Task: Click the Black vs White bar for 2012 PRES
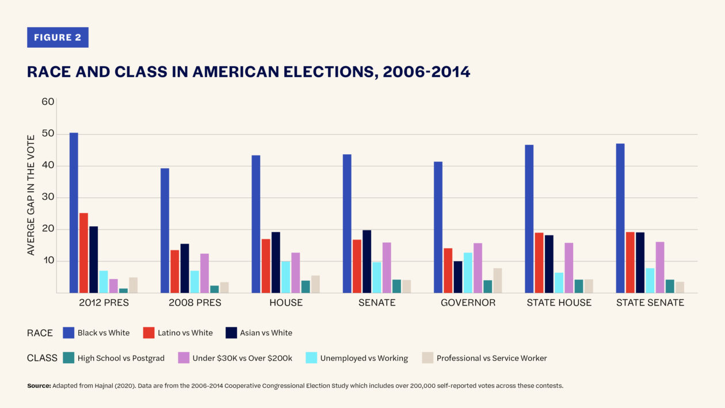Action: [x=74, y=213]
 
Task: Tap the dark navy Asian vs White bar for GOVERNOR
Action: [x=457, y=277]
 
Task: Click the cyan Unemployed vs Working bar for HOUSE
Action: [x=285, y=277]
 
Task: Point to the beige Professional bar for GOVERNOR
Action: [x=497, y=280]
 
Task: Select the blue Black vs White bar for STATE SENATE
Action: [x=620, y=218]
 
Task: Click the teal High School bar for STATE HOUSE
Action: [x=578, y=286]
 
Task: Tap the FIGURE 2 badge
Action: [x=58, y=37]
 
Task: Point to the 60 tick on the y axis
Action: [x=48, y=102]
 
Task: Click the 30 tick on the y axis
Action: [x=48, y=197]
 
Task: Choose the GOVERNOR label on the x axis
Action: [x=467, y=303]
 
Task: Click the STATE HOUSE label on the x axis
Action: [x=559, y=303]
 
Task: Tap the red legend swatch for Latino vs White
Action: [x=148, y=333]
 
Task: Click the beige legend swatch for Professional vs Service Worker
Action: [x=428, y=358]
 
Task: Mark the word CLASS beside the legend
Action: [x=42, y=358]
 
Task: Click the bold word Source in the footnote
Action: [x=39, y=386]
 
